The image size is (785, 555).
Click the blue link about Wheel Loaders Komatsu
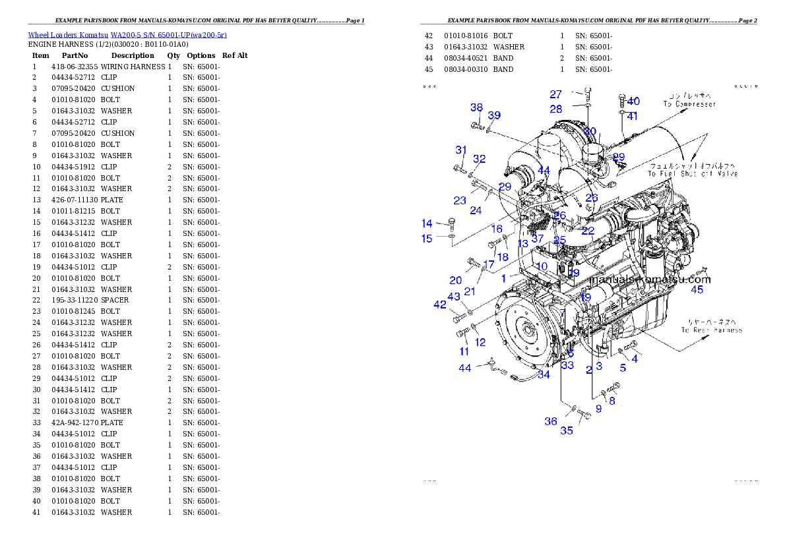[x=127, y=35]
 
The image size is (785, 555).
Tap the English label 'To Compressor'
[x=689, y=104]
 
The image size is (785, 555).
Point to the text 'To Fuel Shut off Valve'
[x=692, y=174]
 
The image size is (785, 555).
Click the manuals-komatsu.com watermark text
[x=649, y=279]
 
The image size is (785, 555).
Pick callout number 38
[x=476, y=108]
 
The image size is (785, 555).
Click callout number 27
[x=556, y=95]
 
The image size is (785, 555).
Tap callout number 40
[x=633, y=102]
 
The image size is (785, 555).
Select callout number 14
[x=427, y=223]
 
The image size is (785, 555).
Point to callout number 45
[x=697, y=289]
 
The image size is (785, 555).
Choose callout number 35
[x=567, y=431]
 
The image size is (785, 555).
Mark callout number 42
[x=440, y=305]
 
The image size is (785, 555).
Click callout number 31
[x=461, y=150]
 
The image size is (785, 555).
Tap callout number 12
[x=480, y=342]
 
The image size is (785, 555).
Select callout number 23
[x=460, y=200]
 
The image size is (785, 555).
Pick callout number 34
[x=544, y=375]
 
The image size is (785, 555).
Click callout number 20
[x=456, y=281]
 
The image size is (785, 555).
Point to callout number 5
[x=623, y=368]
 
